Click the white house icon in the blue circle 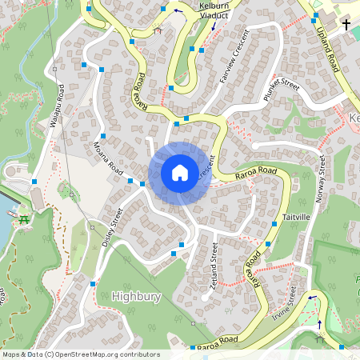(x=180, y=172)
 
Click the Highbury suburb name (x=137, y=296)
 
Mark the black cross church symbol (x=346, y=26)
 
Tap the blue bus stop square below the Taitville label (x=274, y=226)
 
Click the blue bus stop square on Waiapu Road (x=34, y=182)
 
